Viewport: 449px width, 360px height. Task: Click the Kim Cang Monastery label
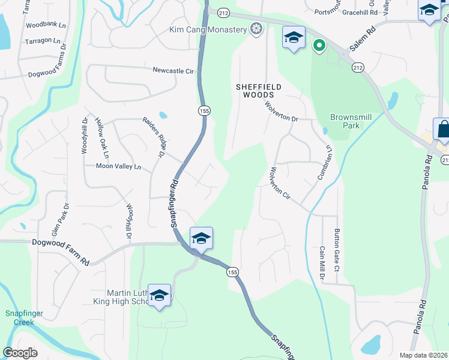[x=208, y=29]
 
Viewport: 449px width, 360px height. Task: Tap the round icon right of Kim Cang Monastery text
[x=256, y=29]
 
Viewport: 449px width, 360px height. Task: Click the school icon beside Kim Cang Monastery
[x=294, y=38]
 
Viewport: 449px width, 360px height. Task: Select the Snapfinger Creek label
[x=19, y=317]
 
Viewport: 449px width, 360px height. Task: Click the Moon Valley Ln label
[x=118, y=166]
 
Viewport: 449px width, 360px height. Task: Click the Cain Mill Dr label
[x=322, y=263]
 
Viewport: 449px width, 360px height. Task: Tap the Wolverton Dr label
[x=282, y=111]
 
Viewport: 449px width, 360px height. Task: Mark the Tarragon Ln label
[x=43, y=41]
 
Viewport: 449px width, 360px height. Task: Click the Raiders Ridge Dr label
[x=154, y=137]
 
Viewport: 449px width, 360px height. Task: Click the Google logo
[x=20, y=353]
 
